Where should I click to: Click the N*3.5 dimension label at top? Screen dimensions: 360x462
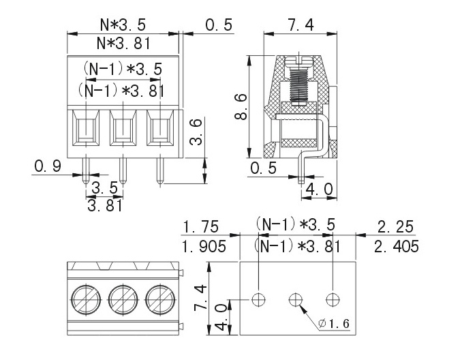click(123, 25)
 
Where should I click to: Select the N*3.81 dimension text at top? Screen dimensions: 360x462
click(123, 43)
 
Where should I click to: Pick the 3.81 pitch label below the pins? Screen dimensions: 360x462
click(104, 205)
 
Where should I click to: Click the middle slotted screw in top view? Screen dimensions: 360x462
click(123, 298)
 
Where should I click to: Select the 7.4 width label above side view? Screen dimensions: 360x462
click(301, 26)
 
